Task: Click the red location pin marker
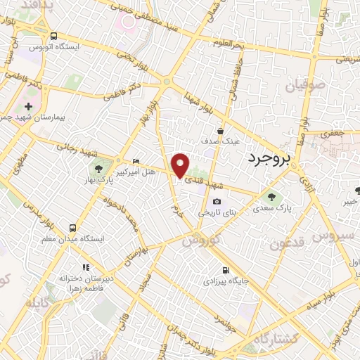(x=181, y=165)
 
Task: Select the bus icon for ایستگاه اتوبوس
(x=54, y=36)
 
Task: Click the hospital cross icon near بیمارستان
(x=28, y=106)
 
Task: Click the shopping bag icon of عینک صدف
(x=220, y=131)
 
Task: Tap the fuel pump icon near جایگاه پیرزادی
(x=225, y=270)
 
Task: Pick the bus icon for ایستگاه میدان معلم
(x=72, y=228)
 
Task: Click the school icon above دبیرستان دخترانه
(x=86, y=267)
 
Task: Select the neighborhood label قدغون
(x=289, y=244)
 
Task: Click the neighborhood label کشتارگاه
(x=276, y=340)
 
